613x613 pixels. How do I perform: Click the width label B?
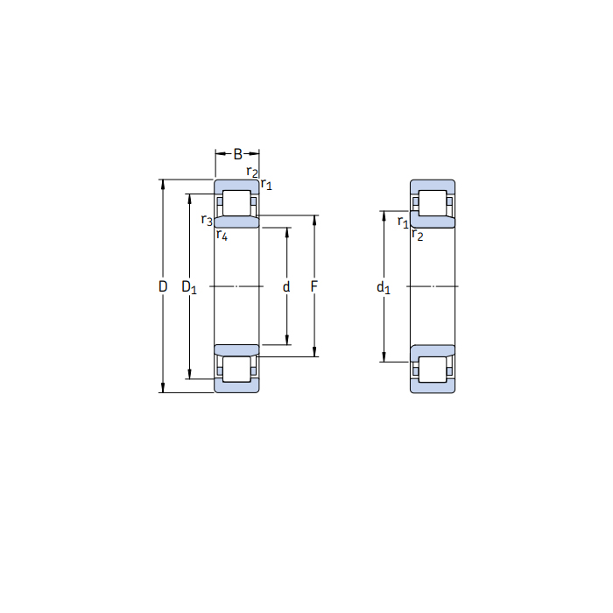[237, 155]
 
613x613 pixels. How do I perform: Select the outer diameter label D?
[163, 286]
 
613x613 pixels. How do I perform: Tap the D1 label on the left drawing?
[189, 286]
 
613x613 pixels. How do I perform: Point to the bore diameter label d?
[286, 286]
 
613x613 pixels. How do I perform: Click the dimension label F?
[314, 286]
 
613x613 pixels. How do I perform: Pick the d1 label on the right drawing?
[383, 286]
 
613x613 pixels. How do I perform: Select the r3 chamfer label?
[207, 220]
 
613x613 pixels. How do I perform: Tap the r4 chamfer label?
[222, 235]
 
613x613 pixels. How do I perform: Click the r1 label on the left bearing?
[267, 184]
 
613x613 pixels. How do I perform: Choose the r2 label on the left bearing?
[251, 172]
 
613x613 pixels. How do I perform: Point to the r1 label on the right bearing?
[403, 222]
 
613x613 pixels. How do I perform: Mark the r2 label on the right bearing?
[417, 236]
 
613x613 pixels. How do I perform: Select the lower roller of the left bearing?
[236, 369]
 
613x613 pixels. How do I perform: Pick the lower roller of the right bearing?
[433, 369]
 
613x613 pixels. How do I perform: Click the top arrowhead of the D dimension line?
[163, 183]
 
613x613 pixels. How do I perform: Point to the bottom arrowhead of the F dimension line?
[314, 354]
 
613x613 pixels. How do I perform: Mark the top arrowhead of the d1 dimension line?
[383, 214]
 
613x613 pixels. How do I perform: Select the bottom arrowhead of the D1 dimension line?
[189, 376]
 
